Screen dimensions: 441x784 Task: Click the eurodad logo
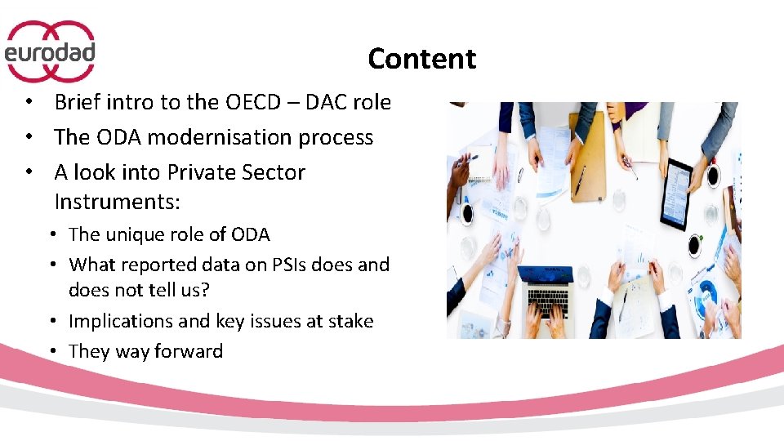click(x=51, y=51)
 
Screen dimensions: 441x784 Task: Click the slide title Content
click(x=421, y=59)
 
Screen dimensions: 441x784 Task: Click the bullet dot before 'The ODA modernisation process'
click(x=29, y=137)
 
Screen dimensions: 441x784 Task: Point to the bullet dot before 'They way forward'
click(x=51, y=351)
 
